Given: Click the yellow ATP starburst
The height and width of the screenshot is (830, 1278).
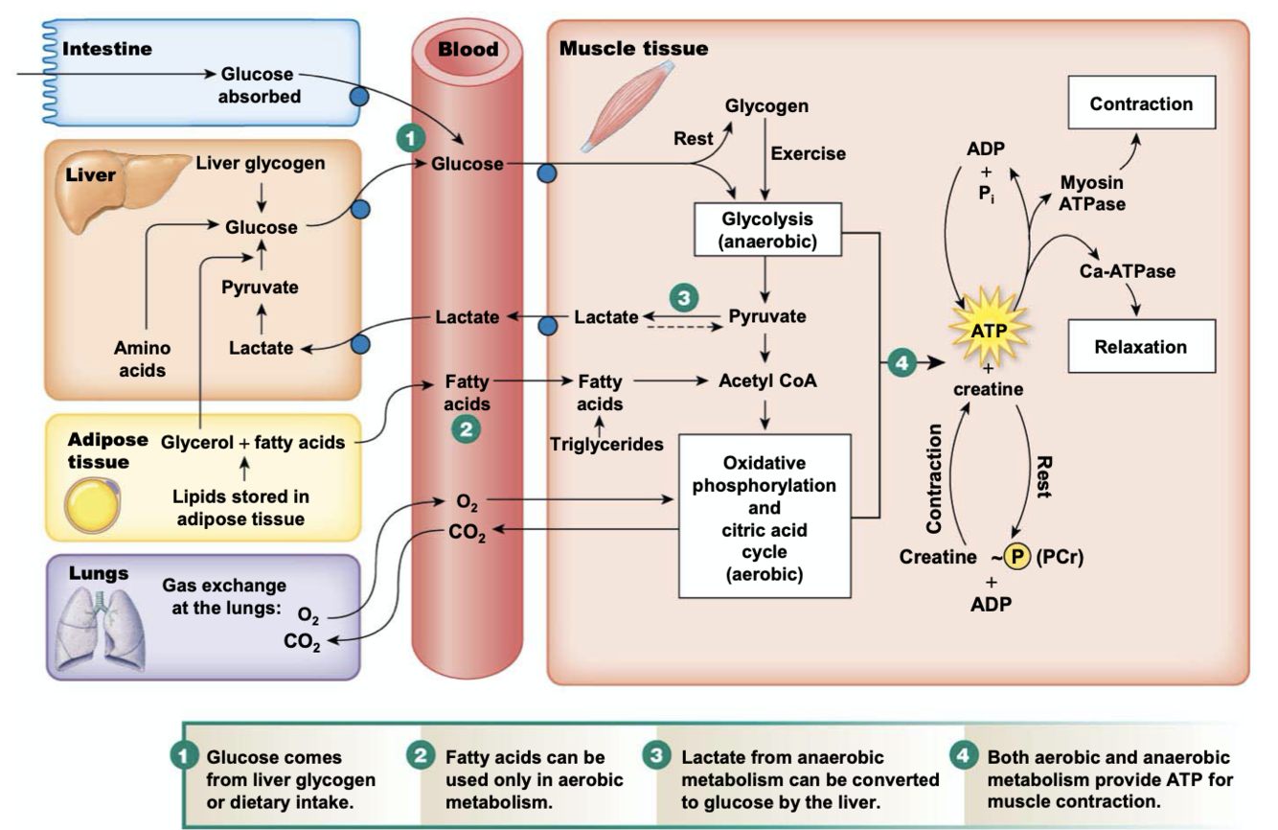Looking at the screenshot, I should [x=986, y=330].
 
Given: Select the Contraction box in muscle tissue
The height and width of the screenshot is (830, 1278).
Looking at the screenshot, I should [x=1141, y=104].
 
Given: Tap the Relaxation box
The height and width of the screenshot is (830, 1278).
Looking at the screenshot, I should [x=1141, y=346].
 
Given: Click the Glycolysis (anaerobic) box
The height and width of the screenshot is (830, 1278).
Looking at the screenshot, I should [x=766, y=230].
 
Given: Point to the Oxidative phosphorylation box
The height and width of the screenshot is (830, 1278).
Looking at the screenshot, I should [x=765, y=516].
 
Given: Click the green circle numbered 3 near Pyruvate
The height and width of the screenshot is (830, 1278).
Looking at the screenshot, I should [x=682, y=297].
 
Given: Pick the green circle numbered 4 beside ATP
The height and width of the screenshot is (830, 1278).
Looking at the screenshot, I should [x=901, y=363].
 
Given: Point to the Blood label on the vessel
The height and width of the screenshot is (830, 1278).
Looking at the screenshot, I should [x=468, y=49].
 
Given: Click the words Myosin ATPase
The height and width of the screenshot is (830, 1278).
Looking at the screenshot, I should [x=1092, y=193].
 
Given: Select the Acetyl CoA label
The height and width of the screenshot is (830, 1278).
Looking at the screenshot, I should [x=767, y=380].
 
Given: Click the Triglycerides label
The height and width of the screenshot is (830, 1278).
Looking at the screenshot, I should [x=606, y=444].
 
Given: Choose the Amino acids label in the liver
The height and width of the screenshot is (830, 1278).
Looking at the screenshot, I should [x=142, y=358].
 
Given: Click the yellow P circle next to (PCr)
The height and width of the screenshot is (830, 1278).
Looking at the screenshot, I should [x=1016, y=557].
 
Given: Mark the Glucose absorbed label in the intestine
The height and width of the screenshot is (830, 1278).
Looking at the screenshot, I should [x=258, y=84].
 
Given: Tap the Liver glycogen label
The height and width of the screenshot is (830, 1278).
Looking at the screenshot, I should [x=261, y=163].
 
